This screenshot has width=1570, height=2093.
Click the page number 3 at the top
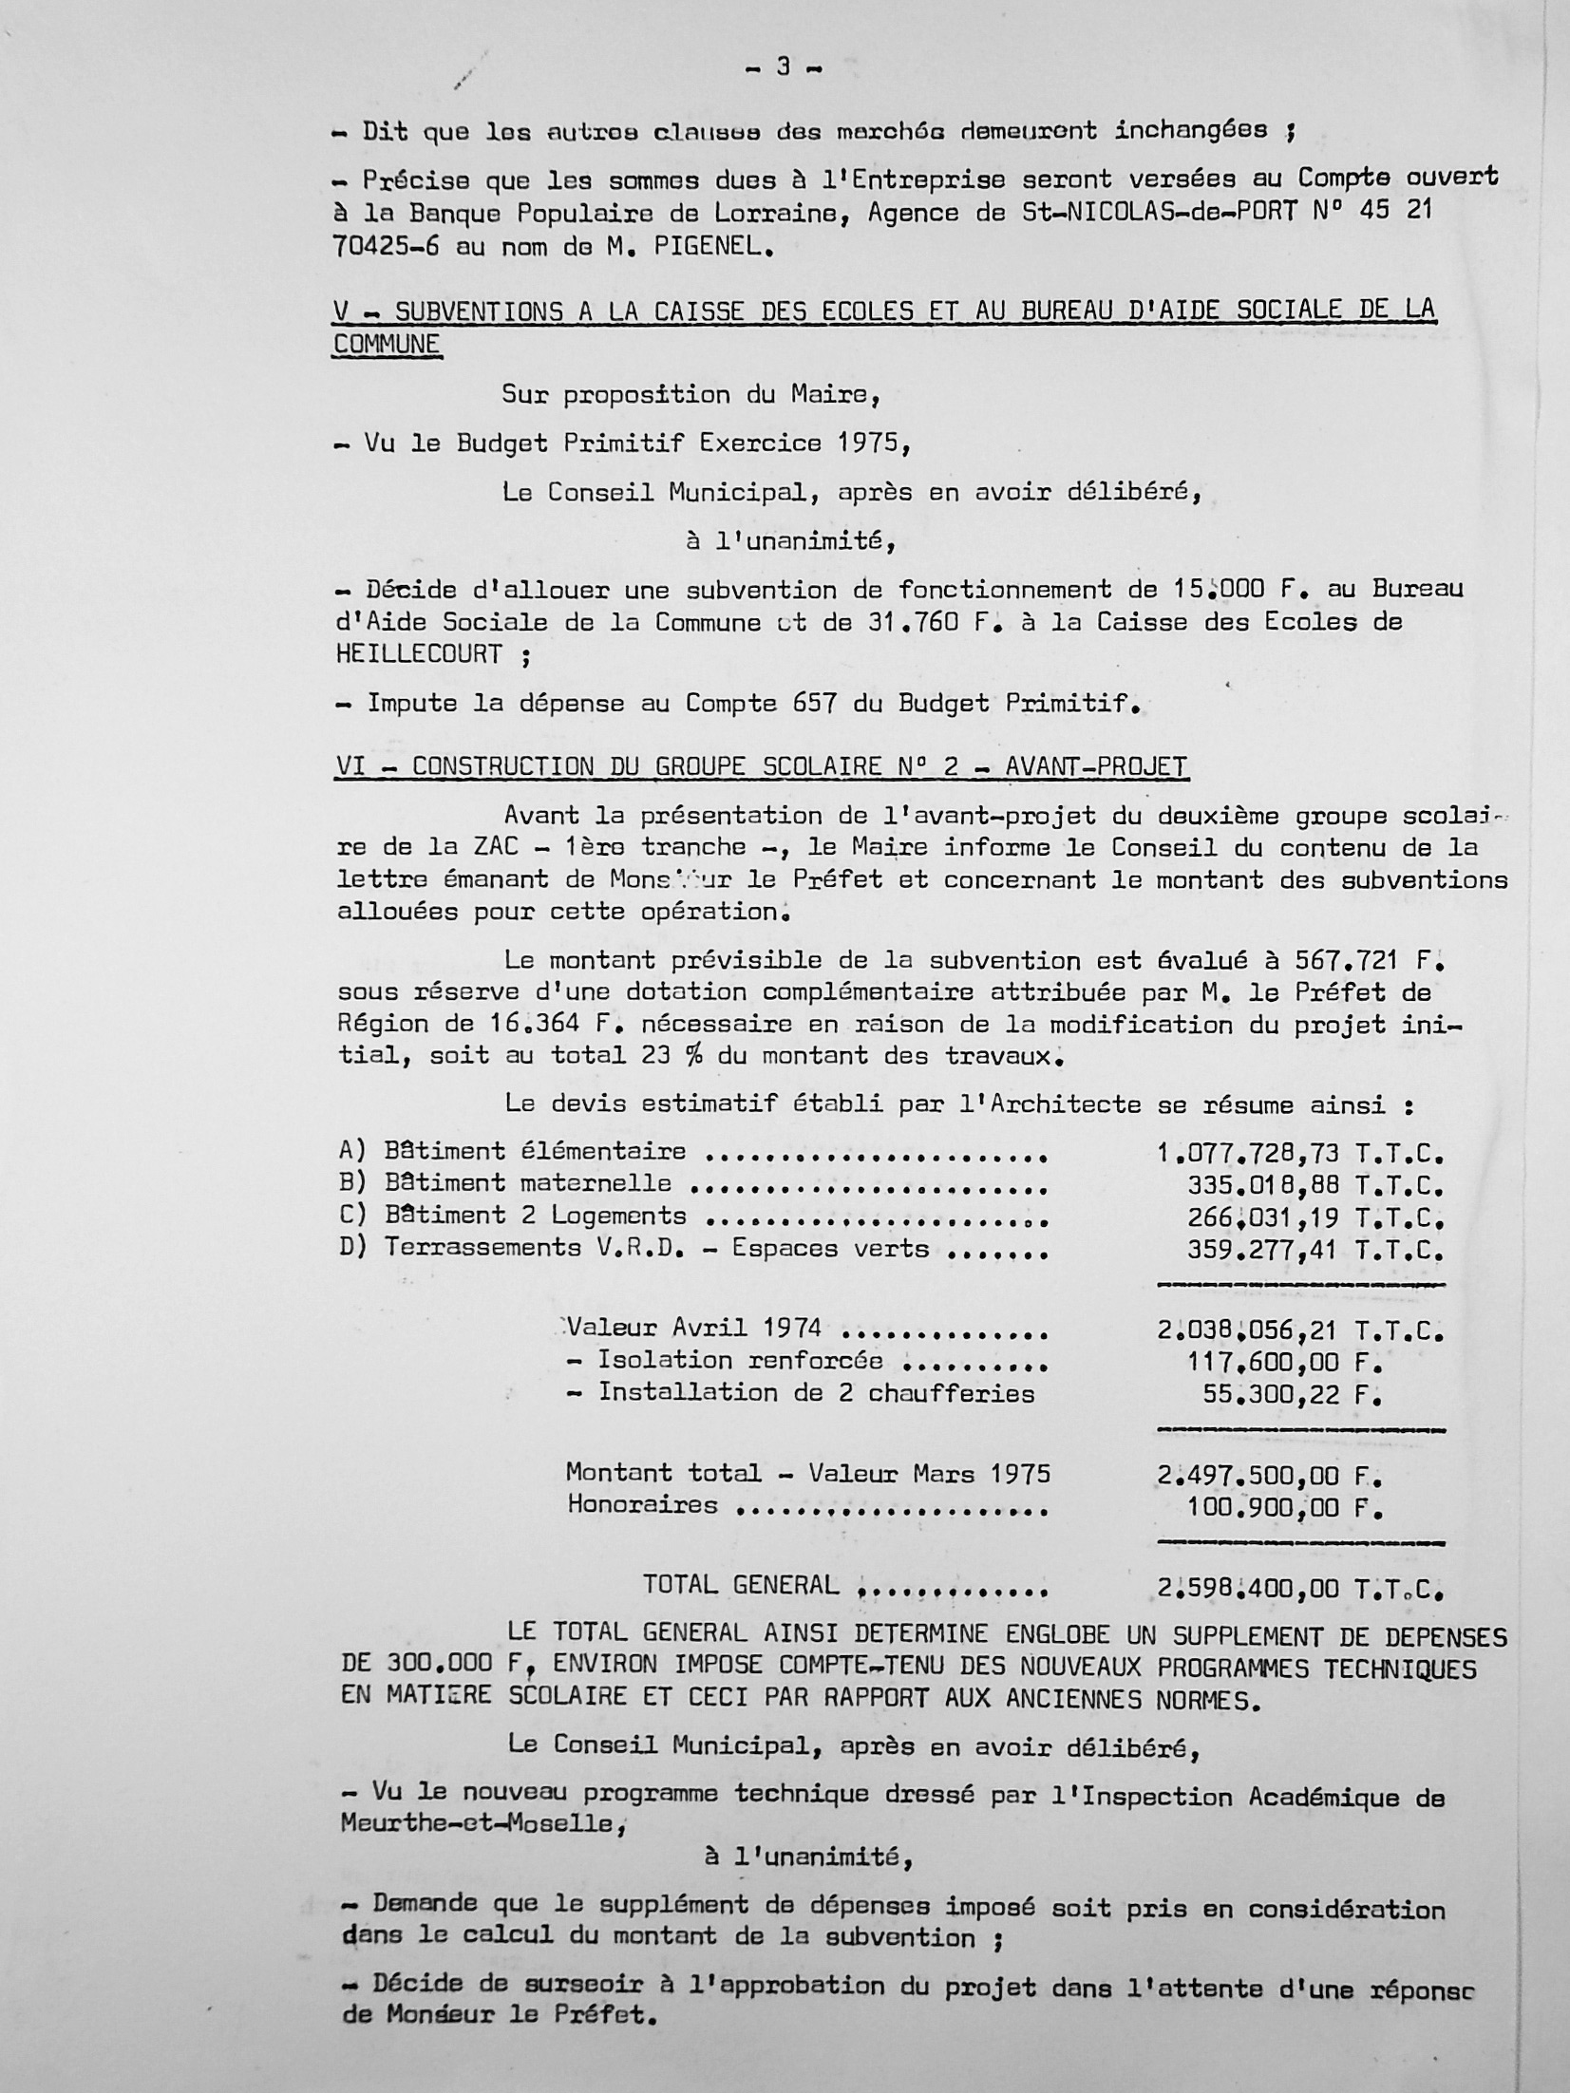pyautogui.click(x=783, y=67)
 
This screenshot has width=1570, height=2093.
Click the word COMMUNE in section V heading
pyautogui.click(x=387, y=343)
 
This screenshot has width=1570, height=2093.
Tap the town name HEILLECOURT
pyautogui.click(x=420, y=653)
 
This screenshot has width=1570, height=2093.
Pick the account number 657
pyautogui.click(x=811, y=703)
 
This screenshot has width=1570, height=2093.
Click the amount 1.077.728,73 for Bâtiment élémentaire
pyautogui.click(x=1248, y=1154)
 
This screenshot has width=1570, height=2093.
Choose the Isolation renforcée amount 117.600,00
pyautogui.click(x=1263, y=1363)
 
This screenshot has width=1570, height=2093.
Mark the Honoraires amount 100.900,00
pyautogui.click(x=1263, y=1508)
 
